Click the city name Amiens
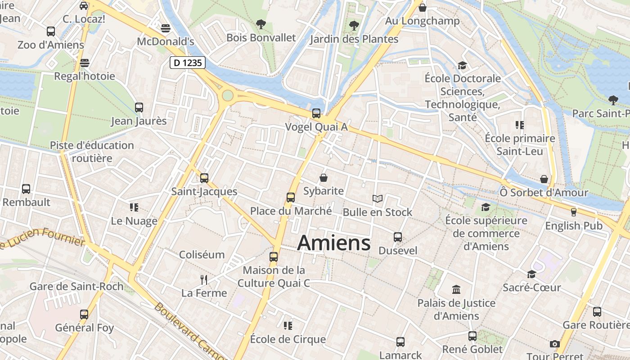click(x=334, y=243)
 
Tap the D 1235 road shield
click(x=188, y=63)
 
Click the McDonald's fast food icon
click(x=165, y=28)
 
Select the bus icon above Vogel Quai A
click(x=316, y=113)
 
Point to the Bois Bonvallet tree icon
click(x=261, y=24)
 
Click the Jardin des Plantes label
click(x=354, y=39)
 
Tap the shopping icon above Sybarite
click(x=323, y=178)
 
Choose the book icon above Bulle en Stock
click(x=377, y=198)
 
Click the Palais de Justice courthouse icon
click(x=456, y=289)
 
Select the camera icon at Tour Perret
click(x=554, y=344)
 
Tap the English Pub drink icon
click(x=573, y=212)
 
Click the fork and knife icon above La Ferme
click(x=204, y=280)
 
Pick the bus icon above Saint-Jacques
click(x=204, y=178)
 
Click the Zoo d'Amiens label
click(x=51, y=45)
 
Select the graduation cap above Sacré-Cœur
click(x=531, y=274)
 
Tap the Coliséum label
click(x=202, y=255)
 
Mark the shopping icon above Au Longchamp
click(x=422, y=8)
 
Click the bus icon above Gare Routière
click(x=597, y=311)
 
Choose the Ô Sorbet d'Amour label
click(x=544, y=193)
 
